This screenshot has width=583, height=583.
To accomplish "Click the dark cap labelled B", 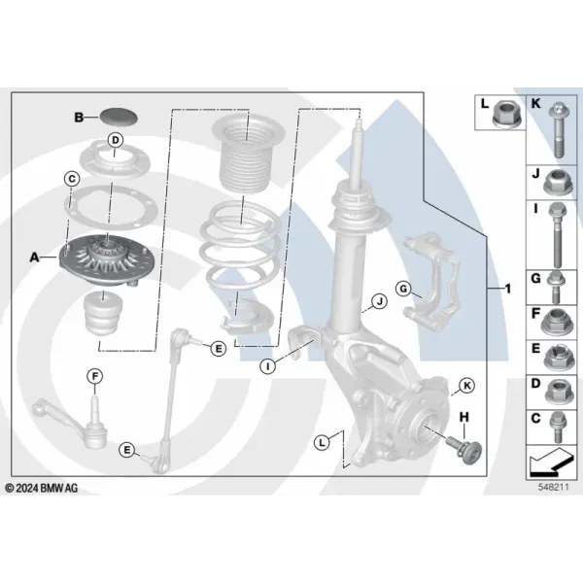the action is pyautogui.click(x=119, y=117).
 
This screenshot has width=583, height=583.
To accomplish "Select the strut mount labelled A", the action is pyautogui.click(x=106, y=260).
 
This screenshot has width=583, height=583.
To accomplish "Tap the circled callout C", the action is pyautogui.click(x=72, y=179).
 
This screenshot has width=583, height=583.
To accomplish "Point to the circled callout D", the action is pyautogui.click(x=116, y=140).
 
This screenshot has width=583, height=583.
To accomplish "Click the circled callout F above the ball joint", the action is pyautogui.click(x=95, y=377).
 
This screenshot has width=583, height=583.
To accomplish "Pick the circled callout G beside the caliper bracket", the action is pyautogui.click(x=404, y=289).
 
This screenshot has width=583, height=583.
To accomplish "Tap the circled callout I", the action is pyautogui.click(x=267, y=366).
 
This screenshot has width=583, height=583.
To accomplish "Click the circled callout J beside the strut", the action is pyautogui.click(x=380, y=301).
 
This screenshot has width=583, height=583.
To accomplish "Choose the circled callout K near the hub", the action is pyautogui.click(x=466, y=386).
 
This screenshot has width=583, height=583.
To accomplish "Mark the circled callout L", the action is pyautogui.click(x=322, y=442).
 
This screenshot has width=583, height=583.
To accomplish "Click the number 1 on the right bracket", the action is pyautogui.click(x=508, y=289).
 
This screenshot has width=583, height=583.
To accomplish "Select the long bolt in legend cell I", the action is pyautogui.click(x=557, y=235).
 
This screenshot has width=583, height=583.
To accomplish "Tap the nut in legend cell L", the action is pyautogui.click(x=505, y=113).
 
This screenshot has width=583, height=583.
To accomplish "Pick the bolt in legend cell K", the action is pyautogui.click(x=558, y=130).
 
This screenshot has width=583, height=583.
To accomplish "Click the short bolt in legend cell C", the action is pyautogui.click(x=558, y=428).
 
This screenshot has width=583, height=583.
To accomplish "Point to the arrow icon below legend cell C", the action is pyautogui.click(x=551, y=462).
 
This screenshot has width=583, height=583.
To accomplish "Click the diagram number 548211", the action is pyautogui.click(x=553, y=487).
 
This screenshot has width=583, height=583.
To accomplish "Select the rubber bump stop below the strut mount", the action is pyautogui.click(x=104, y=312).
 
